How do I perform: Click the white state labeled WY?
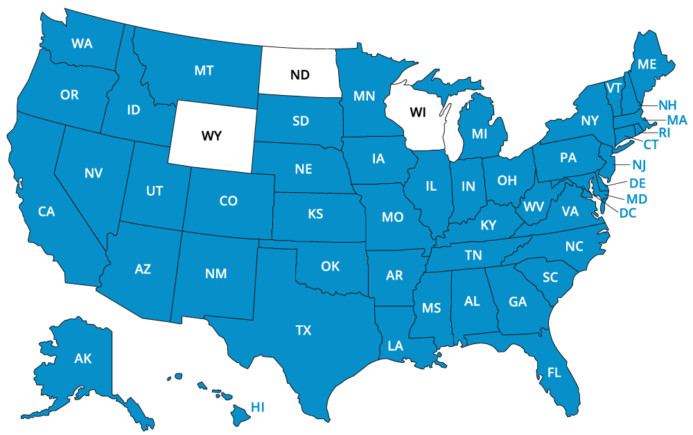pyautogui.click(x=211, y=136)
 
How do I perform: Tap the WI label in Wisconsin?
pyautogui.click(x=418, y=112)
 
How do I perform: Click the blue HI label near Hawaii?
pyautogui.click(x=258, y=407)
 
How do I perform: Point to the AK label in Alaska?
pyautogui.click(x=83, y=359)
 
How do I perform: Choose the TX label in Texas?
pyautogui.click(x=304, y=330)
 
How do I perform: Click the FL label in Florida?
pyautogui.click(x=554, y=373)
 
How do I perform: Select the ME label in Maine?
pyautogui.click(x=647, y=65)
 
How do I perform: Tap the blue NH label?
pyautogui.click(x=667, y=105)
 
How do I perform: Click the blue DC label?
pyautogui.click(x=628, y=213)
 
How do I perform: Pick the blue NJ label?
pyautogui.click(x=639, y=164)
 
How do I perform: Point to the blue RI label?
pyautogui.click(x=665, y=133)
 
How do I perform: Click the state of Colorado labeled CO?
pyautogui.click(x=228, y=201)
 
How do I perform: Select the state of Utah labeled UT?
pyautogui.click(x=155, y=191)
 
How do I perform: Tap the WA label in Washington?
pyautogui.click(x=82, y=44)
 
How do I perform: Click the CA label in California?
pyautogui.click(x=46, y=212)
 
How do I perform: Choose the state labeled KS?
pyautogui.click(x=315, y=214)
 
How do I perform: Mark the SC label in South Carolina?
pyautogui.click(x=550, y=278)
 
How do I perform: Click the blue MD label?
pyautogui.click(x=637, y=199)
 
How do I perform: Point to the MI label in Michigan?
pyautogui.click(x=480, y=134)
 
